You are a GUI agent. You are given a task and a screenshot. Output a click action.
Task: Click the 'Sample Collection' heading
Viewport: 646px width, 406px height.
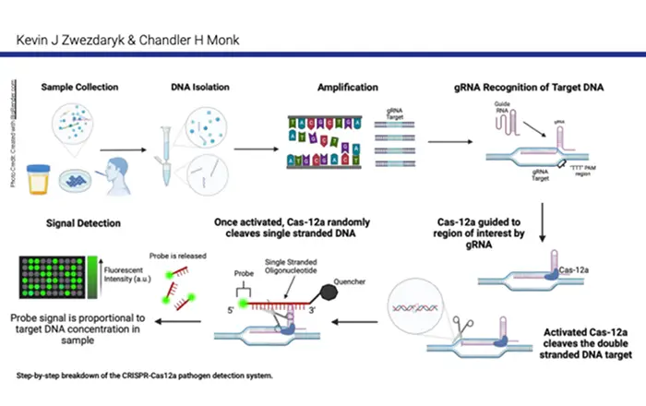[x=78, y=88]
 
